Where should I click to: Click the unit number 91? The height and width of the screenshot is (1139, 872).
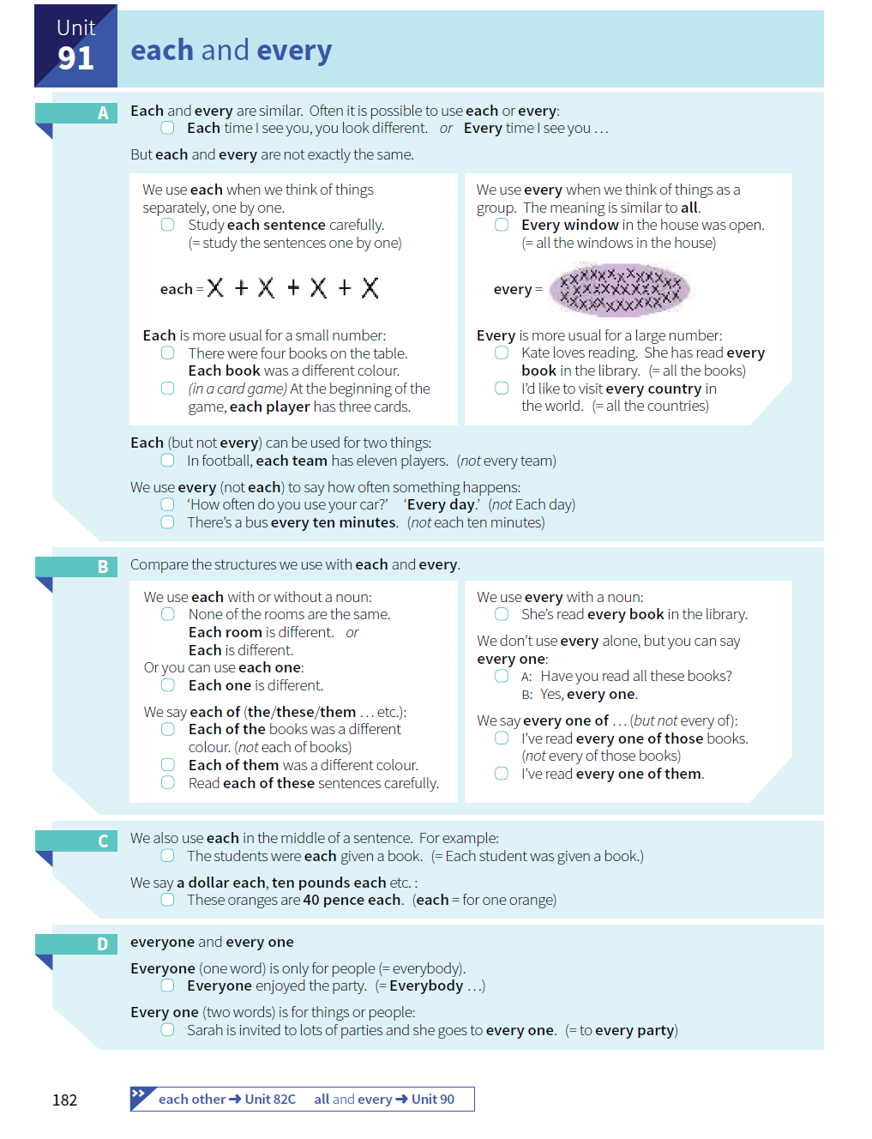(75, 58)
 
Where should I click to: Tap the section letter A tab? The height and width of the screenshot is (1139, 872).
(103, 113)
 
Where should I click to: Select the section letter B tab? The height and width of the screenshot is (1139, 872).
(103, 567)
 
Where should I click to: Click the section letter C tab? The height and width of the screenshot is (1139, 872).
(103, 841)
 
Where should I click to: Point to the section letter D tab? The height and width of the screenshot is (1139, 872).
(103, 944)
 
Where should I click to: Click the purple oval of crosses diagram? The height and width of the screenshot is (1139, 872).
(620, 289)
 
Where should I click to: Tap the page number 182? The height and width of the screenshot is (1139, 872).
(65, 1100)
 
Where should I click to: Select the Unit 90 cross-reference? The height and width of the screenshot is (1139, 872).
(432, 1100)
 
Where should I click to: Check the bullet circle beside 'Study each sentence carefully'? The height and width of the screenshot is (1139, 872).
(168, 225)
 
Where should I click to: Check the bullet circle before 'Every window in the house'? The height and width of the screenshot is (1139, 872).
(502, 225)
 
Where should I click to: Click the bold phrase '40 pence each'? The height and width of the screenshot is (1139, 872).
(352, 900)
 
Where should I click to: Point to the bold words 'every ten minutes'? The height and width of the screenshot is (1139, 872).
(334, 522)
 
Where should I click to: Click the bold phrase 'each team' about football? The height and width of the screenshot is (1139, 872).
(292, 461)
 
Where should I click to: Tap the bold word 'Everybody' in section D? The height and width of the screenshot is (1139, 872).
(426, 985)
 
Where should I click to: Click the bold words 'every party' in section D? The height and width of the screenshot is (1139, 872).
(634, 1030)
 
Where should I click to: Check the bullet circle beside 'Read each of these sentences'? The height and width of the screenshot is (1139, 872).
(168, 783)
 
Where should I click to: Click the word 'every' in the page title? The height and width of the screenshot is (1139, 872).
(294, 51)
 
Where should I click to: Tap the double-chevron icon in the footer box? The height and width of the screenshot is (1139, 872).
(139, 1094)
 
